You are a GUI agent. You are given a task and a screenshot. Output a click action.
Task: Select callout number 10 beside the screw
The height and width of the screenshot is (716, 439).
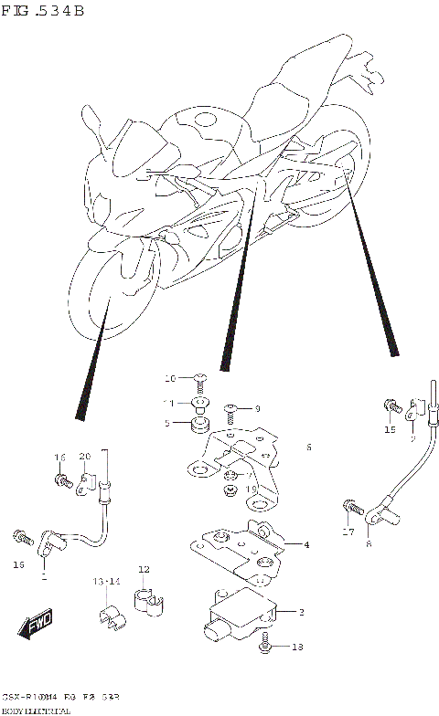click(170, 378)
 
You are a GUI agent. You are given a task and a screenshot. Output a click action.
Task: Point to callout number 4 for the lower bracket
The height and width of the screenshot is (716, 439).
click(306, 545)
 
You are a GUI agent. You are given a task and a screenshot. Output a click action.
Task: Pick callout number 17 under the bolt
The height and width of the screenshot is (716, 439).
click(348, 532)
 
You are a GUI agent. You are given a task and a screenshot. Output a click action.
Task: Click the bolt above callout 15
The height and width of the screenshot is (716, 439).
click(391, 405)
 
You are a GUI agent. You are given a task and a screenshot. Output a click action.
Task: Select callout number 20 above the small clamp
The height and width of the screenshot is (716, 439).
click(84, 457)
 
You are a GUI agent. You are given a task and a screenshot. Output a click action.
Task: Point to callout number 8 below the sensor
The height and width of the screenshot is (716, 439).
click(368, 544)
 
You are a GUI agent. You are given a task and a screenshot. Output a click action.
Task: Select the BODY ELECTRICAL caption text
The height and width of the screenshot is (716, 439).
click(37, 710)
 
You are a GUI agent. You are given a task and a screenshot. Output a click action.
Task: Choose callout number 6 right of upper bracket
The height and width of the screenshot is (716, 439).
click(309, 447)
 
